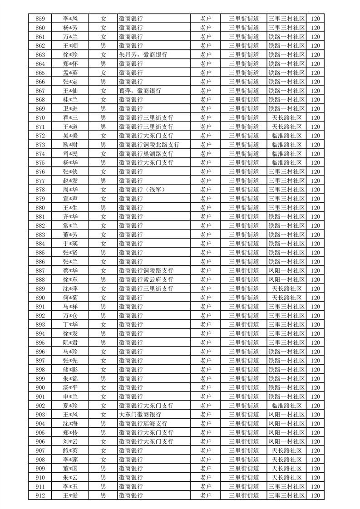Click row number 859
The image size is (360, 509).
pos(40,19)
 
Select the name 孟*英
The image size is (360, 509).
pos(70,73)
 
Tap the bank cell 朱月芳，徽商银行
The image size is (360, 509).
pos(143,54)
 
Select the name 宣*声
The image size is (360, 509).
pos(70,199)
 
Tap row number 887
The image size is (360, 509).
pos(40,270)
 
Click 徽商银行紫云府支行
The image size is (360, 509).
pos(146,279)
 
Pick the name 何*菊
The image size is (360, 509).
pos(70,298)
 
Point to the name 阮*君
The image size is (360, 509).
pos(70,343)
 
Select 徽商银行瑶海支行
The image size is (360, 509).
pos(146,423)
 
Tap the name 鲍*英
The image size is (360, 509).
pos(70,450)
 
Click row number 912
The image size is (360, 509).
pos(40,495)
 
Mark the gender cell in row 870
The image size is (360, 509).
pos(104,117)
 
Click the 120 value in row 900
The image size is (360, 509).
pos(316,387)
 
